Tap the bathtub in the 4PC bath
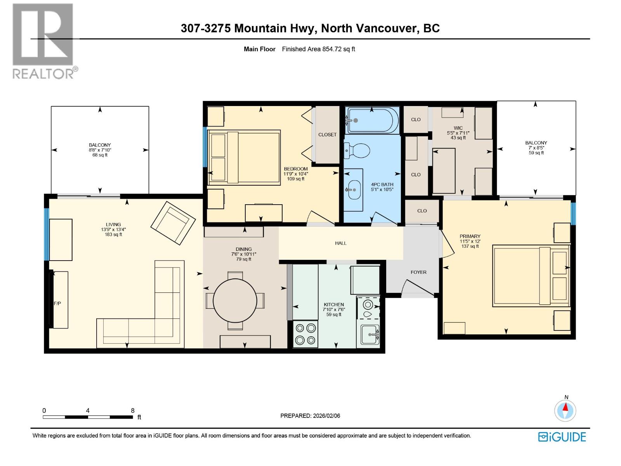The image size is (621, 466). pyautogui.click(x=372, y=121)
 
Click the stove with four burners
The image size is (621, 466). pyautogui.click(x=305, y=334)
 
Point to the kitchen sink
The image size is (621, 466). pyautogui.click(x=369, y=334)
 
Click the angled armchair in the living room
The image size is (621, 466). pyautogui.click(x=173, y=223)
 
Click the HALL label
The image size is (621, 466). pyautogui.click(x=341, y=243)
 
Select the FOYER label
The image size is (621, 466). pyautogui.click(x=418, y=272)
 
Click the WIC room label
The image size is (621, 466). pyautogui.click(x=458, y=128)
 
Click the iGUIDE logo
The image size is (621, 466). pyautogui.click(x=562, y=437)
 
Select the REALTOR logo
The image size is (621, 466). pyautogui.click(x=43, y=41)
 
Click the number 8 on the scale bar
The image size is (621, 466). pyautogui.click(x=133, y=410)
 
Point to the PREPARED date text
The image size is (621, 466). pyautogui.click(x=310, y=416)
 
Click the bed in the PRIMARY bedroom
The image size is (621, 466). pyautogui.click(x=531, y=276)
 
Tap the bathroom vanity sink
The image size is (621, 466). pyautogui.click(x=353, y=190)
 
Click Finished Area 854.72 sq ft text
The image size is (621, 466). pyautogui.click(x=318, y=49)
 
